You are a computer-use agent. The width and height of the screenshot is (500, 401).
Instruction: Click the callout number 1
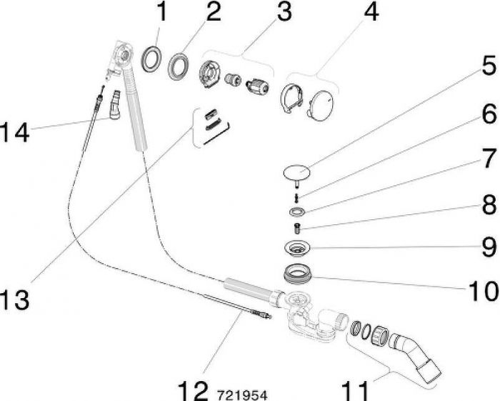click(x=162, y=12)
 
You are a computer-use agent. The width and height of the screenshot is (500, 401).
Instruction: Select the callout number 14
click(x=15, y=132)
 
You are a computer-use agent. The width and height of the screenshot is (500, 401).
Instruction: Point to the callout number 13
click(x=15, y=300)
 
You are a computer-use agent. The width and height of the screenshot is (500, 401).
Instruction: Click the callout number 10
click(x=482, y=291)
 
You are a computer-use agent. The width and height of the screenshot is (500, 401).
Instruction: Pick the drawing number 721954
click(x=241, y=395)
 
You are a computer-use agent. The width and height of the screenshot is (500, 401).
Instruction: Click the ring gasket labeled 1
click(x=151, y=59)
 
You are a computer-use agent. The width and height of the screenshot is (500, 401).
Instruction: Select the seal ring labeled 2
click(x=179, y=66)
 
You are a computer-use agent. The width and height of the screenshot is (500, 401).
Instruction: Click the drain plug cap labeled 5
click(x=297, y=174)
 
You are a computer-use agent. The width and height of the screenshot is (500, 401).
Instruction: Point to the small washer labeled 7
click(x=296, y=211)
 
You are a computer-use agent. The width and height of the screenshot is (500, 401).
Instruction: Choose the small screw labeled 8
click(x=297, y=228)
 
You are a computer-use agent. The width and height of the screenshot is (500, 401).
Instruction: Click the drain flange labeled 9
click(x=297, y=248)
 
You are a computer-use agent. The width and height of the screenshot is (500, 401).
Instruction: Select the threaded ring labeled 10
click(x=298, y=274)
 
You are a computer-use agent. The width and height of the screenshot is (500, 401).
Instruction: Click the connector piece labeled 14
click(x=115, y=105)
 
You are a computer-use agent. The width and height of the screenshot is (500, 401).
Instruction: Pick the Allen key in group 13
click(x=217, y=134)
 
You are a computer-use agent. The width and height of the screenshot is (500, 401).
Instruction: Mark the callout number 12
click(x=193, y=390)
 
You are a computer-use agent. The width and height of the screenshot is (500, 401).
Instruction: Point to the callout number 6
click(x=489, y=114)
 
